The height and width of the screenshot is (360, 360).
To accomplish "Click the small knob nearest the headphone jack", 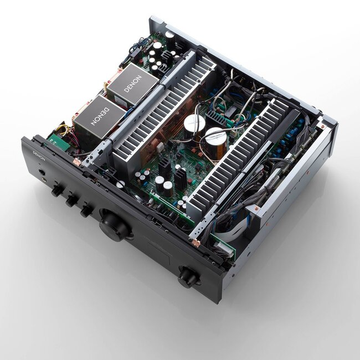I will pyautogui.click(x=56, y=191).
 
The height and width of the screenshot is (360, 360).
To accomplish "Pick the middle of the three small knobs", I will pyautogui.click(x=71, y=200).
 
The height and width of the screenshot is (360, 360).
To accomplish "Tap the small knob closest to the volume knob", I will pyautogui.click(x=86, y=210).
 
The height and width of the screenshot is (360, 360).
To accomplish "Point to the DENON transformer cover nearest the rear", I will pyautogui.click(x=133, y=84).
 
